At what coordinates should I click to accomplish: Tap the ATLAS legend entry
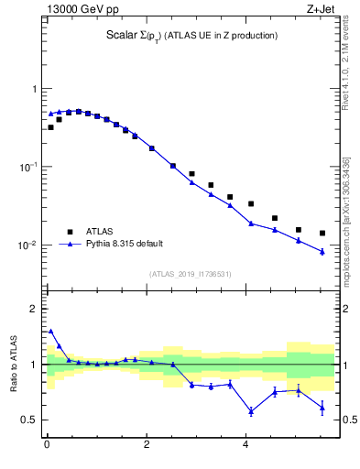100,232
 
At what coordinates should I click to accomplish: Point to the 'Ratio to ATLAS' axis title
13,365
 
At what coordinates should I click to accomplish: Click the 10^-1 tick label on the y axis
29,167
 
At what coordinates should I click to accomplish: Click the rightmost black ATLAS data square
322,233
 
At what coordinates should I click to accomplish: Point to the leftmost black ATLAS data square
50,127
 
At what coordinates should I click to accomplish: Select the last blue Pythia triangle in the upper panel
322,252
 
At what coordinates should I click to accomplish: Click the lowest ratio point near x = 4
251,411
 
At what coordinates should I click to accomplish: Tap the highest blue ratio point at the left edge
50,331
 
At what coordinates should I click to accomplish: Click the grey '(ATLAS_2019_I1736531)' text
189,273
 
